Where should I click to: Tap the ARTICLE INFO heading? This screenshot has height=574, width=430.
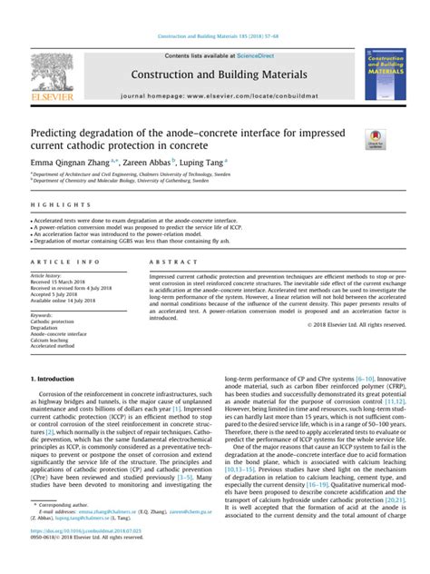click(60, 262)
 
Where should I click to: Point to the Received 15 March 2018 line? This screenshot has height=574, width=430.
click(59, 282)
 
